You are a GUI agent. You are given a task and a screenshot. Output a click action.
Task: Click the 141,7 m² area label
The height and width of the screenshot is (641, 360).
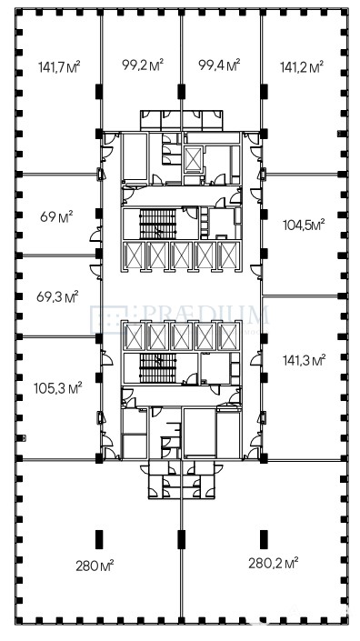(59, 66)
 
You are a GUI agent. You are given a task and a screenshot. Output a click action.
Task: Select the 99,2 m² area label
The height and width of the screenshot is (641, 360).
(143, 65)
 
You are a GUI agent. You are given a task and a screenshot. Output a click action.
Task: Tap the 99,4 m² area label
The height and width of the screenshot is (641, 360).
(219, 65)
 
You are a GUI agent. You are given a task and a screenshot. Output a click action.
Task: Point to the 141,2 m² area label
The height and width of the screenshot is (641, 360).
(302, 66)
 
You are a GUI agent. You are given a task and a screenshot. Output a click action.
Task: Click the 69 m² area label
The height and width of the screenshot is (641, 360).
(56, 216)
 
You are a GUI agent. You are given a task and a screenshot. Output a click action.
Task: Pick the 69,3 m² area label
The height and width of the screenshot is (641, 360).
(57, 296)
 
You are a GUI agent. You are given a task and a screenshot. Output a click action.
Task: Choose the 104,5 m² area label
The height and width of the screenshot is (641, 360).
(304, 225)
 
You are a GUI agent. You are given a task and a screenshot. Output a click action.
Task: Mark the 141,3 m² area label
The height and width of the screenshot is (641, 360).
(304, 360)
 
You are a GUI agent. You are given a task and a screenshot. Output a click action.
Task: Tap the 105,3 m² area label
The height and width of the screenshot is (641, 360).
(58, 387)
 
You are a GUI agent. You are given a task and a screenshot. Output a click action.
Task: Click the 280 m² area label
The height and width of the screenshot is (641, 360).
(95, 566)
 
